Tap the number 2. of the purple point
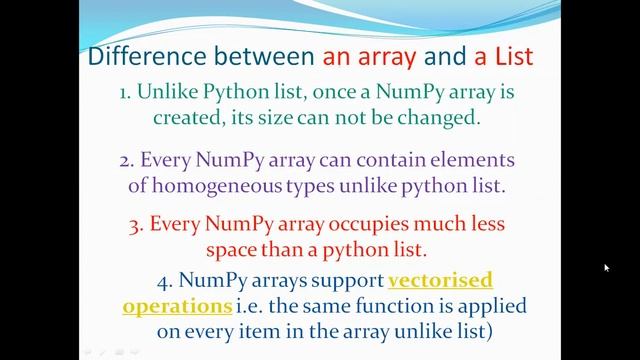click(x=126, y=160)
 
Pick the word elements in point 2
click(x=447, y=160)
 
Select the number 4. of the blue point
click(x=165, y=281)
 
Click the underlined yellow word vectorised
click(x=440, y=281)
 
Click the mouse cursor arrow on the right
click(x=606, y=268)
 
